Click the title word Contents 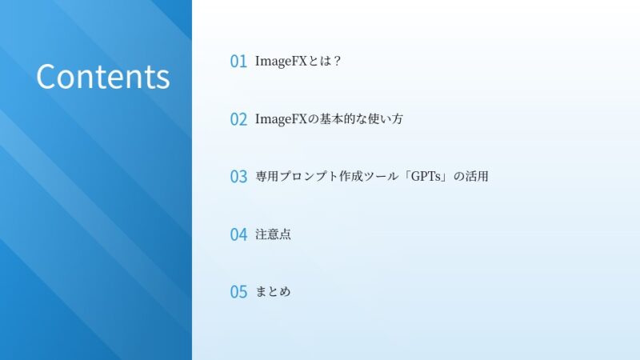[x=102, y=77]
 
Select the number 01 [x=238, y=62]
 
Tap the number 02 [x=238, y=119]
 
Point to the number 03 [x=238, y=177]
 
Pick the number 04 [x=238, y=234]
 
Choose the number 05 [x=238, y=292]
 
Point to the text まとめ [x=273, y=292]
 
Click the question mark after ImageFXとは [x=338, y=61]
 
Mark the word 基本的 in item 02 [x=338, y=118]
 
